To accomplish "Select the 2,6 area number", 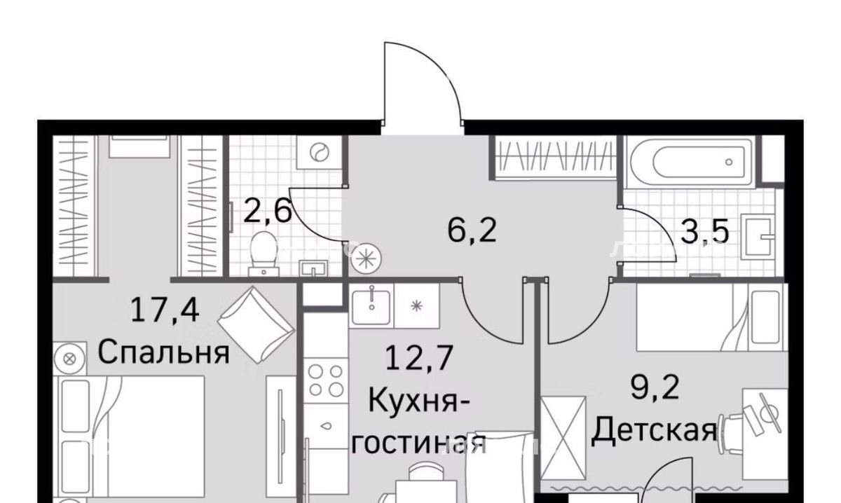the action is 267,212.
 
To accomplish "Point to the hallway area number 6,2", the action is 472,230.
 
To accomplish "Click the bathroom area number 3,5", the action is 704,231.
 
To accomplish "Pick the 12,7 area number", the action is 419,358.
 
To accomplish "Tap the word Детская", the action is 654,431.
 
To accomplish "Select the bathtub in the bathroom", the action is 692,162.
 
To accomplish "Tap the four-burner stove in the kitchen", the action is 325,380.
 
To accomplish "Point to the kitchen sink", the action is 371,305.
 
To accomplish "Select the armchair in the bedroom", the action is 256,325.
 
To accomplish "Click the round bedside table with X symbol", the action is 69,359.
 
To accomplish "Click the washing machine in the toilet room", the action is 319,152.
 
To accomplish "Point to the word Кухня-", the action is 418,401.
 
